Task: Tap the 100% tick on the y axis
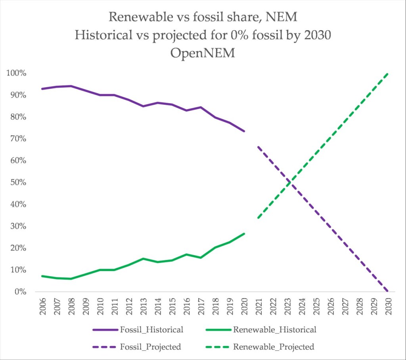(x=16, y=73)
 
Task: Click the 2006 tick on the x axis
(x=42, y=307)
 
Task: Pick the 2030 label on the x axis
(x=388, y=307)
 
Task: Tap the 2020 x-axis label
(x=244, y=307)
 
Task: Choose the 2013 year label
(x=143, y=307)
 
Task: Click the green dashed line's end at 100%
(x=387, y=73)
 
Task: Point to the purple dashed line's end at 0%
(x=387, y=291)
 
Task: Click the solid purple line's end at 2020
(x=244, y=131)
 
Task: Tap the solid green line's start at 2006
(x=42, y=276)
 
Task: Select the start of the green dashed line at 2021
(x=258, y=218)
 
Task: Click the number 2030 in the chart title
(x=315, y=35)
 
